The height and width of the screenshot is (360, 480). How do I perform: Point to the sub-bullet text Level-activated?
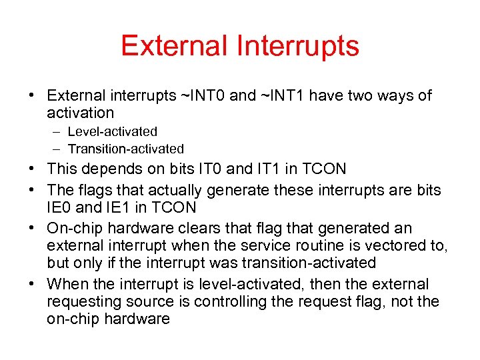(112, 132)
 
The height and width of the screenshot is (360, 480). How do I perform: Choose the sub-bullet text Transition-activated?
(125, 149)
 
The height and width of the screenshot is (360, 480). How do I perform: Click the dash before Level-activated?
(58, 132)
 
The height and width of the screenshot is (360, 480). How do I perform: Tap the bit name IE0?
(59, 208)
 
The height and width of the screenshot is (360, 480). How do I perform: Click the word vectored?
(399, 245)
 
